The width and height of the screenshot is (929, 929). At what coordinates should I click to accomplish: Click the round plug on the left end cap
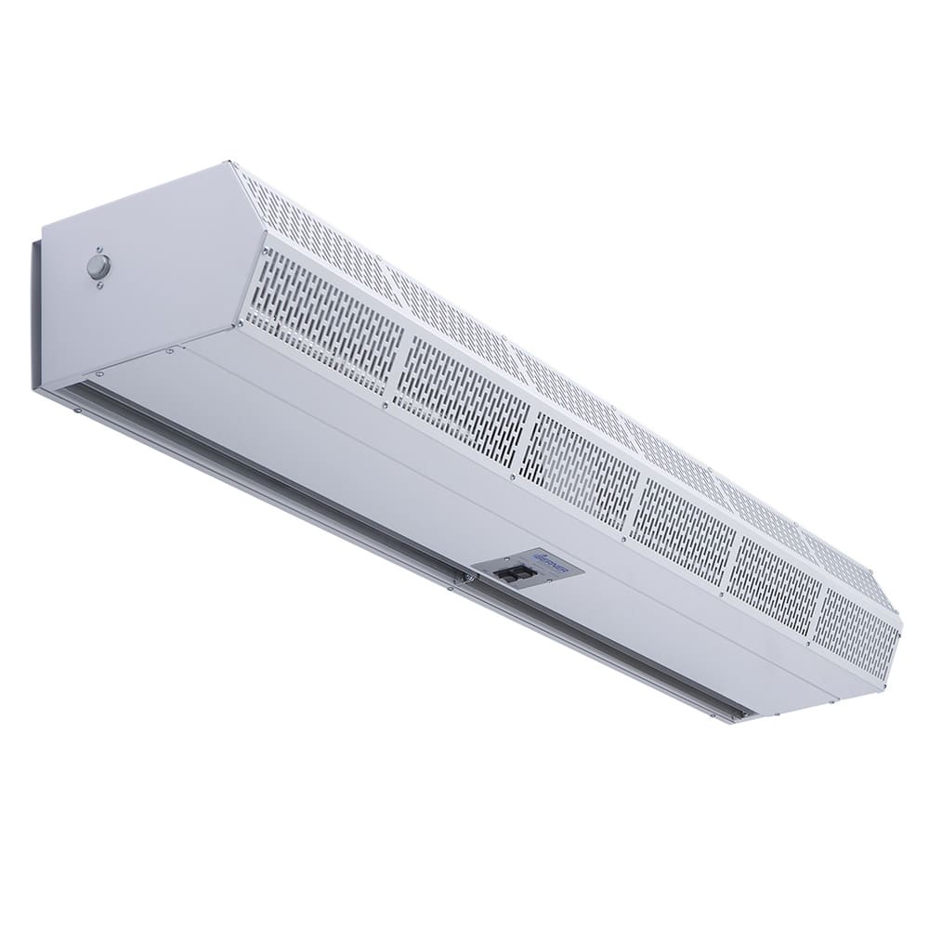click(x=97, y=267)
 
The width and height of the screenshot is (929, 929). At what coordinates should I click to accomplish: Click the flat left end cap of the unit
click(x=139, y=279)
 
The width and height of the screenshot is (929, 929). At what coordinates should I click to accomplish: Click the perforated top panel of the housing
click(x=557, y=362)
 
